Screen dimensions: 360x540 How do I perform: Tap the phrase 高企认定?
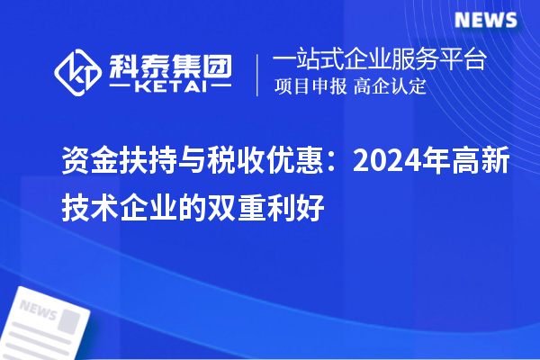(390, 87)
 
